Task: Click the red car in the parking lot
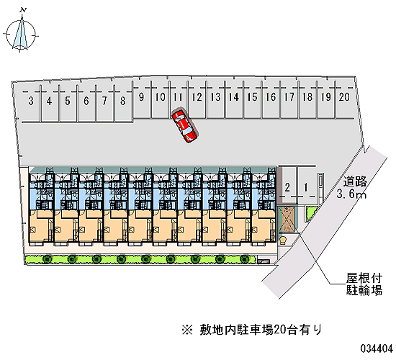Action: click(184, 126)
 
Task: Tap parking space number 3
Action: click(31, 101)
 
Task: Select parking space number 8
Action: click(122, 101)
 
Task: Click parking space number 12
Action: click(197, 97)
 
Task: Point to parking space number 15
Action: click(252, 97)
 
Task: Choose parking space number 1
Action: click(306, 188)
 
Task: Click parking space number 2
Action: click(287, 188)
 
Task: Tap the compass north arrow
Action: click(21, 32)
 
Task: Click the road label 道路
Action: click(355, 181)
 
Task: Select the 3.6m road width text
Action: click(351, 194)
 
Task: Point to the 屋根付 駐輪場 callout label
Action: click(364, 284)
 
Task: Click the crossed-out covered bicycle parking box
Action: click(287, 219)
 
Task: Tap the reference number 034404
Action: click(377, 349)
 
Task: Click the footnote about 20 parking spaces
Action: click(252, 330)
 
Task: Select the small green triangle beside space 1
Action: click(310, 212)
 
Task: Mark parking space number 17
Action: click(289, 97)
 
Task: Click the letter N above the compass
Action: click(23, 10)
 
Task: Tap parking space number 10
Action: click(160, 97)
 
